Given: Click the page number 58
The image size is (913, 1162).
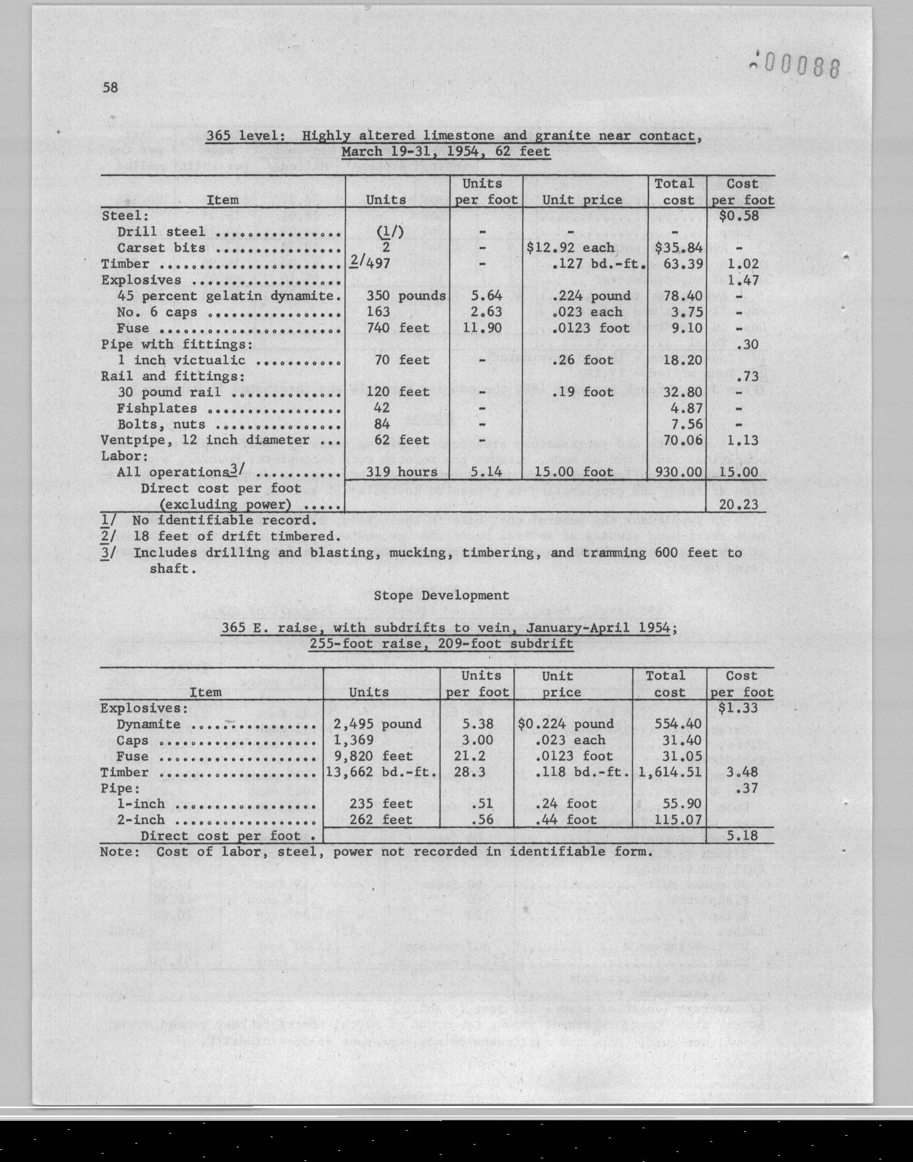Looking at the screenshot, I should click(x=110, y=88).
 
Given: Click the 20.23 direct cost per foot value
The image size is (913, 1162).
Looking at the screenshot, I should click(x=739, y=504).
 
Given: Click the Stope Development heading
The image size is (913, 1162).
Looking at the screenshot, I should click(x=441, y=595).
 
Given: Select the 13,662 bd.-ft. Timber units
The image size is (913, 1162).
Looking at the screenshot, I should click(x=381, y=772).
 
